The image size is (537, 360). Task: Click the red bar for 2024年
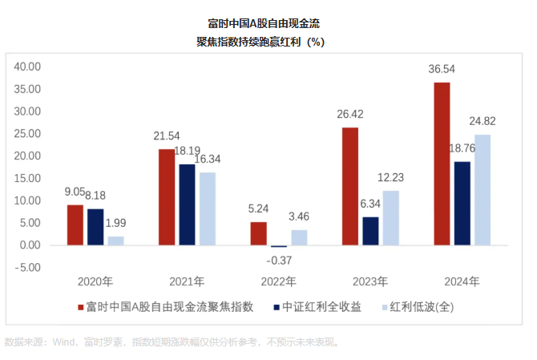click(442, 164)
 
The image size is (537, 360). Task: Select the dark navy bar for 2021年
click(187, 204)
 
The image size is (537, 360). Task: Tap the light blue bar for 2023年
click(390, 217)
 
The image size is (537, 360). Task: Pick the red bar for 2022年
click(258, 233)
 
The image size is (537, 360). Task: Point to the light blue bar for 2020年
click(116, 241)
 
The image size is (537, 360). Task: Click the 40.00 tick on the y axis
click(27, 67)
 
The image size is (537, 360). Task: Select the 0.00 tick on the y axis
click(30, 245)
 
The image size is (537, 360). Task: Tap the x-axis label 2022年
click(278, 282)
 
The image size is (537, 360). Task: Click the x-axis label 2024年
click(462, 282)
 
